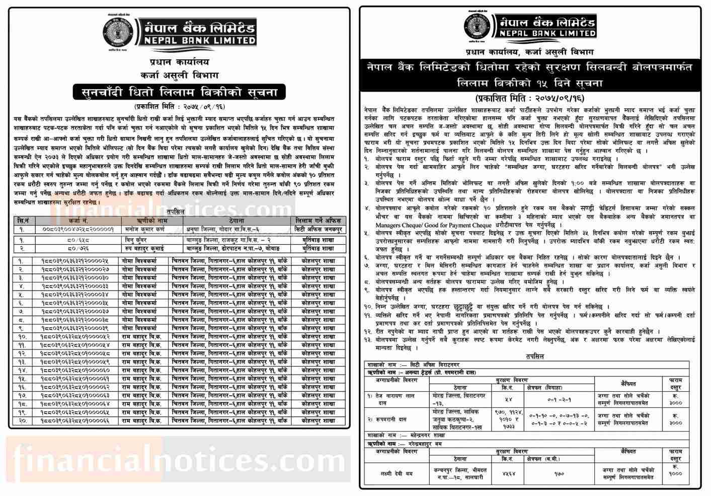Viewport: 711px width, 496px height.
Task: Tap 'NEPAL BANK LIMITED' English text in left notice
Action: point(196,40)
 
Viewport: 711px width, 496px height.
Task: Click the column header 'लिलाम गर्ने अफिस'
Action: point(318,221)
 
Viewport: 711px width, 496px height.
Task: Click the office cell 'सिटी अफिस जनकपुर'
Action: point(318,229)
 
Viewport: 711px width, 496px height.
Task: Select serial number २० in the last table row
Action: point(21,420)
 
